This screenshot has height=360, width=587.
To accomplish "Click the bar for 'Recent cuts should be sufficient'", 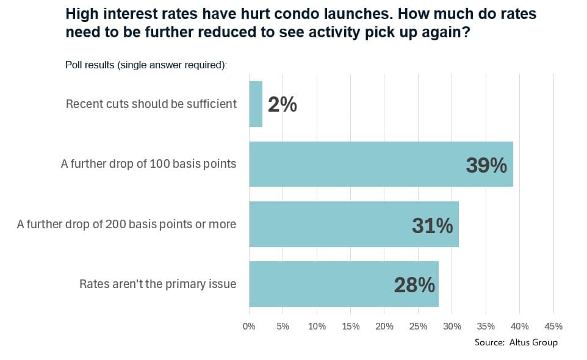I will click(x=256, y=104).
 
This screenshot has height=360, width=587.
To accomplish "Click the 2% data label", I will click(x=283, y=105).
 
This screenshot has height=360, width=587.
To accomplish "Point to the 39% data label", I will click(x=486, y=165).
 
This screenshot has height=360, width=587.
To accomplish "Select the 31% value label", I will click(x=432, y=225).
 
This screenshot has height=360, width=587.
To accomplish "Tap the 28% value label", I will click(x=414, y=285).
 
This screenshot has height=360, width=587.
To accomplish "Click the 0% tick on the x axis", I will click(x=249, y=326).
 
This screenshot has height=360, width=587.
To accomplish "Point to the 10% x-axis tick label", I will click(x=317, y=326).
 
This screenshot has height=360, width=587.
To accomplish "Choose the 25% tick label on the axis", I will click(x=418, y=326).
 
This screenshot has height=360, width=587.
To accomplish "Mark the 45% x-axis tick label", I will click(x=553, y=326).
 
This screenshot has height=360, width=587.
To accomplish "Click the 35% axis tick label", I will click(x=486, y=326).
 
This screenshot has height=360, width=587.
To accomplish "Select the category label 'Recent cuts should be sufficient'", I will click(x=151, y=104).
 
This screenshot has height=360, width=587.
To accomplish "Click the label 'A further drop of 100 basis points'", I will click(x=148, y=164).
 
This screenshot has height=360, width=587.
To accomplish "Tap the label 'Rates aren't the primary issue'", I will click(x=157, y=284).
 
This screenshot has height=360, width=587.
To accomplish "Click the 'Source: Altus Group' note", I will click(x=516, y=342).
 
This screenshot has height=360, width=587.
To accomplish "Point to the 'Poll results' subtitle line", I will click(x=146, y=65).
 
